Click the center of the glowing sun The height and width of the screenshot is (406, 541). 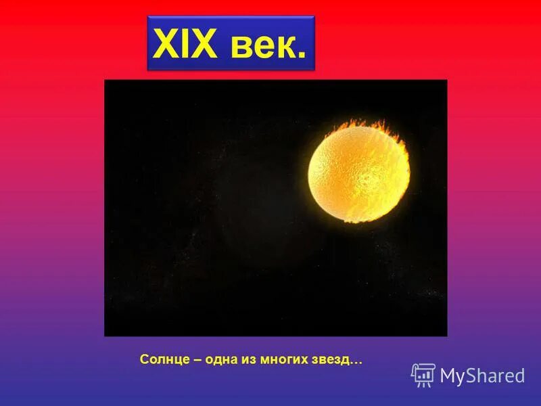(358, 173)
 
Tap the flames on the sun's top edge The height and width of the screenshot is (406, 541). (369, 125)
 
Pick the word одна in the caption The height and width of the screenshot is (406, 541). (220, 359)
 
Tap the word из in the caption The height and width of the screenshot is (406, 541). (248, 359)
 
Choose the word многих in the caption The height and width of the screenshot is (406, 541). (285, 359)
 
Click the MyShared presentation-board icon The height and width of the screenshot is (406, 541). (423, 375)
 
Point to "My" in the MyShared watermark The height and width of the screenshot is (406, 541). (453, 376)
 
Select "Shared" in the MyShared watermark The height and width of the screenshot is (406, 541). (496, 376)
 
